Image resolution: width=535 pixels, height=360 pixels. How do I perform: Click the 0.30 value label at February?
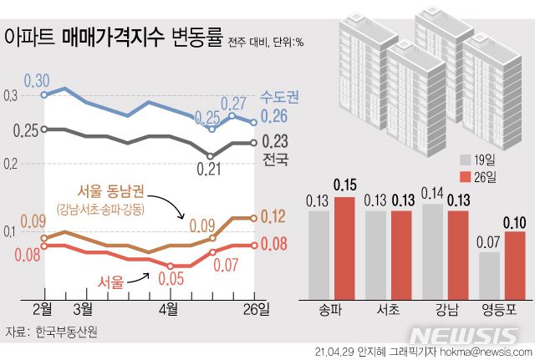[x=37, y=80]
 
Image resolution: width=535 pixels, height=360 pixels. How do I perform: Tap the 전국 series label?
[x=275, y=159]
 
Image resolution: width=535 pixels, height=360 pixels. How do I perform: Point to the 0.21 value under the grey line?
[x=197, y=169]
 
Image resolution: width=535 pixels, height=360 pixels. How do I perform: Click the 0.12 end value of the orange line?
[x=275, y=216]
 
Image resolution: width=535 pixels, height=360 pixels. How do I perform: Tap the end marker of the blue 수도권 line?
[x=253, y=123]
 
